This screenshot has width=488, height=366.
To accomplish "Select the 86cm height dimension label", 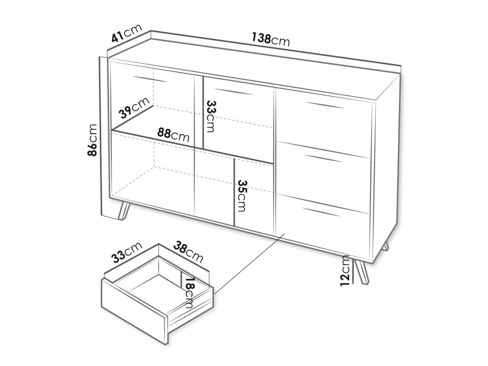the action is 92,140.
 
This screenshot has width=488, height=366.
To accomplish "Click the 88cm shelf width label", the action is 173,135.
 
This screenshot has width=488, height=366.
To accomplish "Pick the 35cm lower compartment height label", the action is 242,196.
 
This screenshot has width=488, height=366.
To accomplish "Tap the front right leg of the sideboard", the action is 362,272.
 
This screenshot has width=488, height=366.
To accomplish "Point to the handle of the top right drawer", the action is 325,105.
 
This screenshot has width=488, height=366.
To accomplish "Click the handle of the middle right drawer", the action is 323,158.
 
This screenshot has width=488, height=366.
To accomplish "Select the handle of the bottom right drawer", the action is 322,212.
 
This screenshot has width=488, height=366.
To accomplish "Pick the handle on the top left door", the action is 150,79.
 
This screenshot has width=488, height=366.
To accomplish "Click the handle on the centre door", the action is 234,92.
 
